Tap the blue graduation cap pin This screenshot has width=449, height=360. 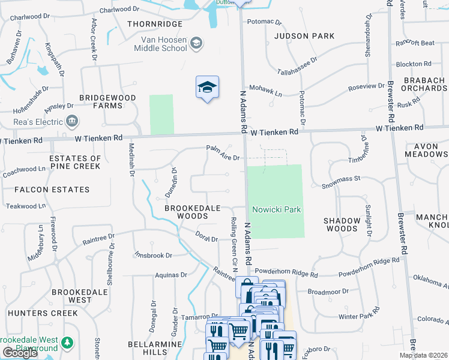(207, 88)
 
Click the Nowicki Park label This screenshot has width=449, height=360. (276, 209)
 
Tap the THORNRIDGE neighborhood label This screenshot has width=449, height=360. (154, 24)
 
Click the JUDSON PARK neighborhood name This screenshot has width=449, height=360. (304, 36)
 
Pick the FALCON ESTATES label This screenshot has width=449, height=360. (53, 190)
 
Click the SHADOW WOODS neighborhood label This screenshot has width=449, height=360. (342, 225)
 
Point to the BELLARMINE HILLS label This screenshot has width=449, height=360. (155, 349)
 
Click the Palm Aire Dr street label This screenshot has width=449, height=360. (223, 153)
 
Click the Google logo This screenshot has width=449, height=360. (20, 352)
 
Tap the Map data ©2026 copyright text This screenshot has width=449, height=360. (423, 355)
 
